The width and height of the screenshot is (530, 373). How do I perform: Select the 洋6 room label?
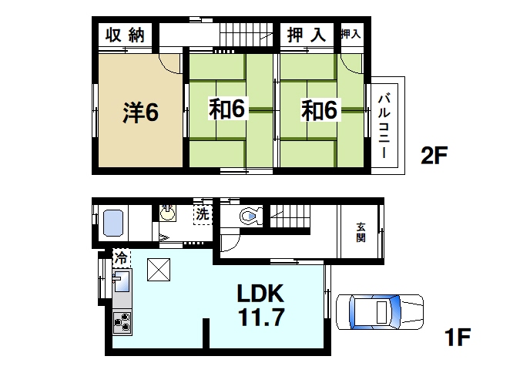tap(139, 112)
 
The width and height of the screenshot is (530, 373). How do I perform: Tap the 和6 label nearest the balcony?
tap(319, 110)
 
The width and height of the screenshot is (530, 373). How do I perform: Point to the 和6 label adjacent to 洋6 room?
tap(227, 110)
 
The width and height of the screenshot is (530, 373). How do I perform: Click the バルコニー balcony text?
tap(385, 123)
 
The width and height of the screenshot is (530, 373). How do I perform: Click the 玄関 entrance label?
tap(361, 231)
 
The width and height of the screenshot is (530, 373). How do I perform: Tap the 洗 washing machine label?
tap(202, 215)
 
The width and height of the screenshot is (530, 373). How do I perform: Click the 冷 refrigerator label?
tap(121, 258)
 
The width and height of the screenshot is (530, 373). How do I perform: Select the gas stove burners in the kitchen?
tap(122, 321)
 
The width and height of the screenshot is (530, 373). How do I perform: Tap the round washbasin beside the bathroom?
tap(167, 213)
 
